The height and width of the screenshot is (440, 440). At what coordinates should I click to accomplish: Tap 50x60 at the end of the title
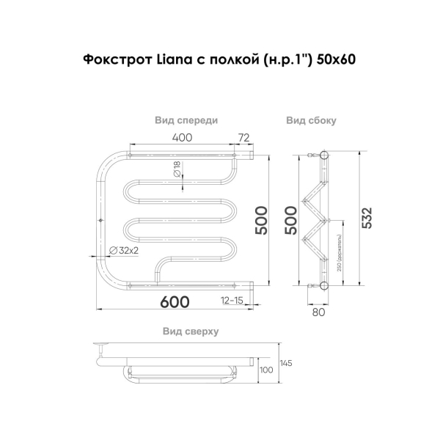(337, 60)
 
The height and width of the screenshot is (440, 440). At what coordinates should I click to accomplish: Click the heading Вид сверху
(190, 331)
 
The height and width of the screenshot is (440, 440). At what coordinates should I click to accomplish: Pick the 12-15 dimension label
(232, 301)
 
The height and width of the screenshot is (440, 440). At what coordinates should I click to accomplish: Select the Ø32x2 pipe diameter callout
(124, 251)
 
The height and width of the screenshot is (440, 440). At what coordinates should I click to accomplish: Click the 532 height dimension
(367, 219)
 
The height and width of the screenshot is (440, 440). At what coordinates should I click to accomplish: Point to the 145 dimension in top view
(286, 363)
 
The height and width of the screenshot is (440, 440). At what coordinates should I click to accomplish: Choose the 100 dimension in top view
(267, 370)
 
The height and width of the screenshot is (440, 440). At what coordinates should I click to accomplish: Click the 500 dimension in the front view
(260, 219)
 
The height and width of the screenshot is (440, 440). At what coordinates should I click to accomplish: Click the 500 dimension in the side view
(291, 219)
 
